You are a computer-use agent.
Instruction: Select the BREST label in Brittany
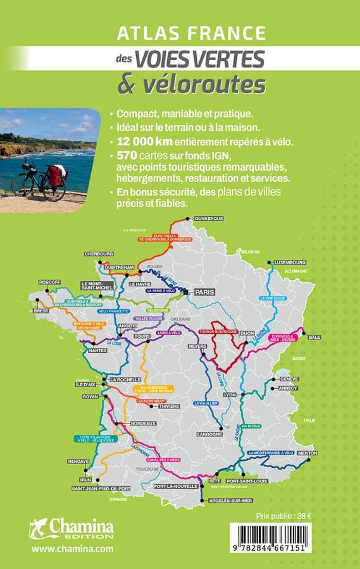click(x=42, y=311)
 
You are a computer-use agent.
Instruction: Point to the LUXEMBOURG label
click(x=290, y=262)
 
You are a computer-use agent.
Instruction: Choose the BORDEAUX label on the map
click(x=142, y=422)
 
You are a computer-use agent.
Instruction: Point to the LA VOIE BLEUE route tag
click(x=273, y=297)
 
